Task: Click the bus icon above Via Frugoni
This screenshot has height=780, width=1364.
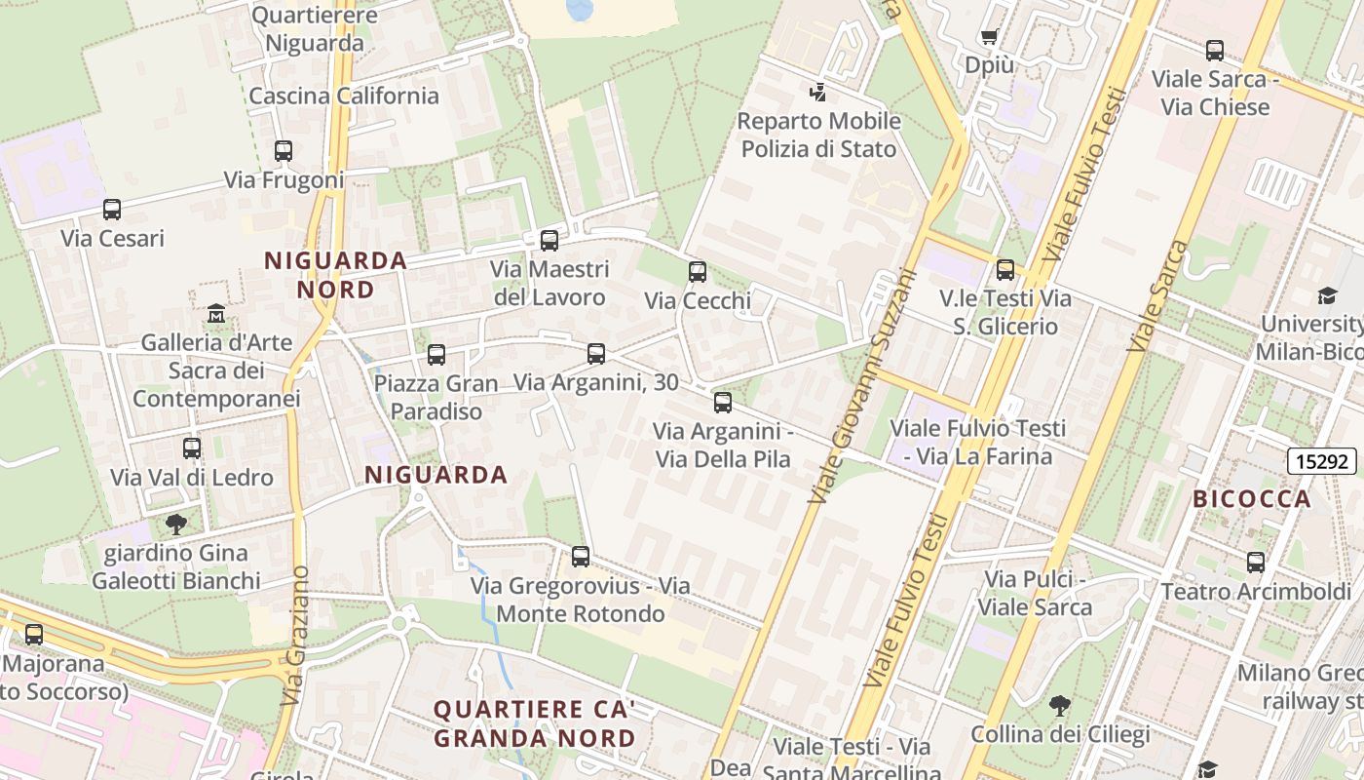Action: (x=284, y=151)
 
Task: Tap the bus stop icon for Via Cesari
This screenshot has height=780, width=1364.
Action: (x=112, y=210)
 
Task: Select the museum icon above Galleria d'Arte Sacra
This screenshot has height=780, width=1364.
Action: (x=216, y=314)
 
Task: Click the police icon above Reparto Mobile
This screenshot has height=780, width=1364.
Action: (x=818, y=93)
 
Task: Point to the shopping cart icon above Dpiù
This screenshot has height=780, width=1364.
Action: (x=990, y=37)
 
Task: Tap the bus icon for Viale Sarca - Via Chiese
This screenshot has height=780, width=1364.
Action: (x=1214, y=51)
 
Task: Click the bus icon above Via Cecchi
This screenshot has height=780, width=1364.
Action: (x=698, y=272)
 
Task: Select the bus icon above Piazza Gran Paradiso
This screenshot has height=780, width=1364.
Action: (x=436, y=355)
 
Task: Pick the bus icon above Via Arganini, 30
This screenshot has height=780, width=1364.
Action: (x=596, y=354)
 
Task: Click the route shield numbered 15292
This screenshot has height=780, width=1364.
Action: (x=1322, y=461)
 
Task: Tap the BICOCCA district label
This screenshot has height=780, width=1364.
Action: (x=1252, y=499)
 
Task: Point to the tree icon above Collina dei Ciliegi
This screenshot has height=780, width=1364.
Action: (x=1060, y=705)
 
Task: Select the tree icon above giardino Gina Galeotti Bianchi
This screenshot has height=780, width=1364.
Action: (x=176, y=525)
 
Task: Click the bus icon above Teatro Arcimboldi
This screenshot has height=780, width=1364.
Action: (x=1256, y=563)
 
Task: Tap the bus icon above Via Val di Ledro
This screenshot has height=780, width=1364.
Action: (x=192, y=448)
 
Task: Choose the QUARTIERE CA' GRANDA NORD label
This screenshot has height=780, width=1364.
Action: (x=534, y=723)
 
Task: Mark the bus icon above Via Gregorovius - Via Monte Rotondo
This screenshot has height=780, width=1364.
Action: (x=581, y=557)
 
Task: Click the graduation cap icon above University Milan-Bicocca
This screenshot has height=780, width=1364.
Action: (x=1327, y=295)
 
